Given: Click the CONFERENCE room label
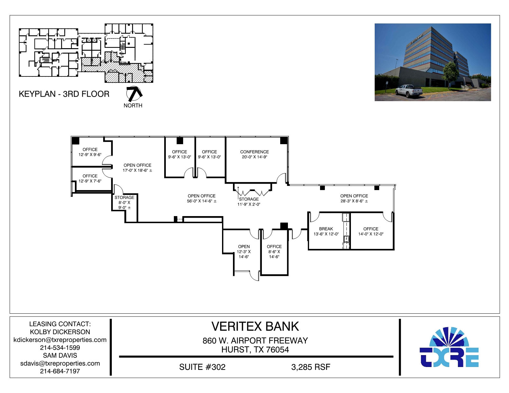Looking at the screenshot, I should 254,152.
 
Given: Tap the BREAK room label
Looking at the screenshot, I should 326,229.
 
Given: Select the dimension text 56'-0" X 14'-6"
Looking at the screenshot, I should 201,201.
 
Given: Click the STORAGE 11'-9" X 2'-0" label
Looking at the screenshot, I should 249,202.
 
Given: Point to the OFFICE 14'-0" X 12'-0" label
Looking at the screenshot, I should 371,231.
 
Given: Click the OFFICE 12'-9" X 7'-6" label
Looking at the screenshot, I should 90,179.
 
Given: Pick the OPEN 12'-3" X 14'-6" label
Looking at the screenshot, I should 244,251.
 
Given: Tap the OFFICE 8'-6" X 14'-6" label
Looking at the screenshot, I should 274,251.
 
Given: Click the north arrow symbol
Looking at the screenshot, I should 134,94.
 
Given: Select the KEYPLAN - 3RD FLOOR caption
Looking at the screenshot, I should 64,94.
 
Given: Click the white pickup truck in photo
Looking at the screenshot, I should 408,91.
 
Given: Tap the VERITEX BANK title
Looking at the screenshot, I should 255,327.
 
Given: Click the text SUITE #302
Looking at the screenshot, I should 202,367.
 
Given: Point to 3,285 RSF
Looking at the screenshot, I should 310,367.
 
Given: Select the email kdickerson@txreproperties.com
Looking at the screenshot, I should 60,340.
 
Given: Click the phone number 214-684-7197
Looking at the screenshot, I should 60,371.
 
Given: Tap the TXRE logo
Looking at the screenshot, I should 449,348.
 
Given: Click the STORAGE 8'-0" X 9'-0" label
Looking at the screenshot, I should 124,203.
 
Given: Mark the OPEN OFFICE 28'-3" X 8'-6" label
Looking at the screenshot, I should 354,198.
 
